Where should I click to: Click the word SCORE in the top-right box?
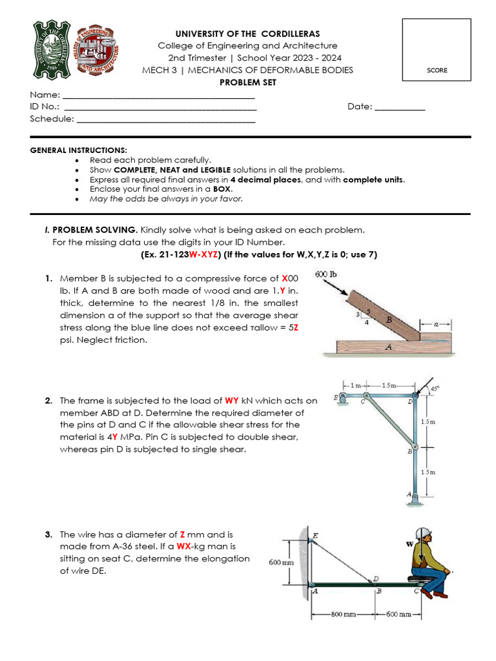[x=437, y=70]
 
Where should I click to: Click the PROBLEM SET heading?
[x=247, y=83]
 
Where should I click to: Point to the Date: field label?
[x=359, y=107]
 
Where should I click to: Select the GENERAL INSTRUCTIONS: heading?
[x=79, y=150]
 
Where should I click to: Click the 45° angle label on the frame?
[x=434, y=389]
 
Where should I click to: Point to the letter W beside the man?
[x=409, y=544]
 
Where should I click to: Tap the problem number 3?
[x=48, y=534]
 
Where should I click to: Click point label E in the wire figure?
[x=315, y=535]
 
